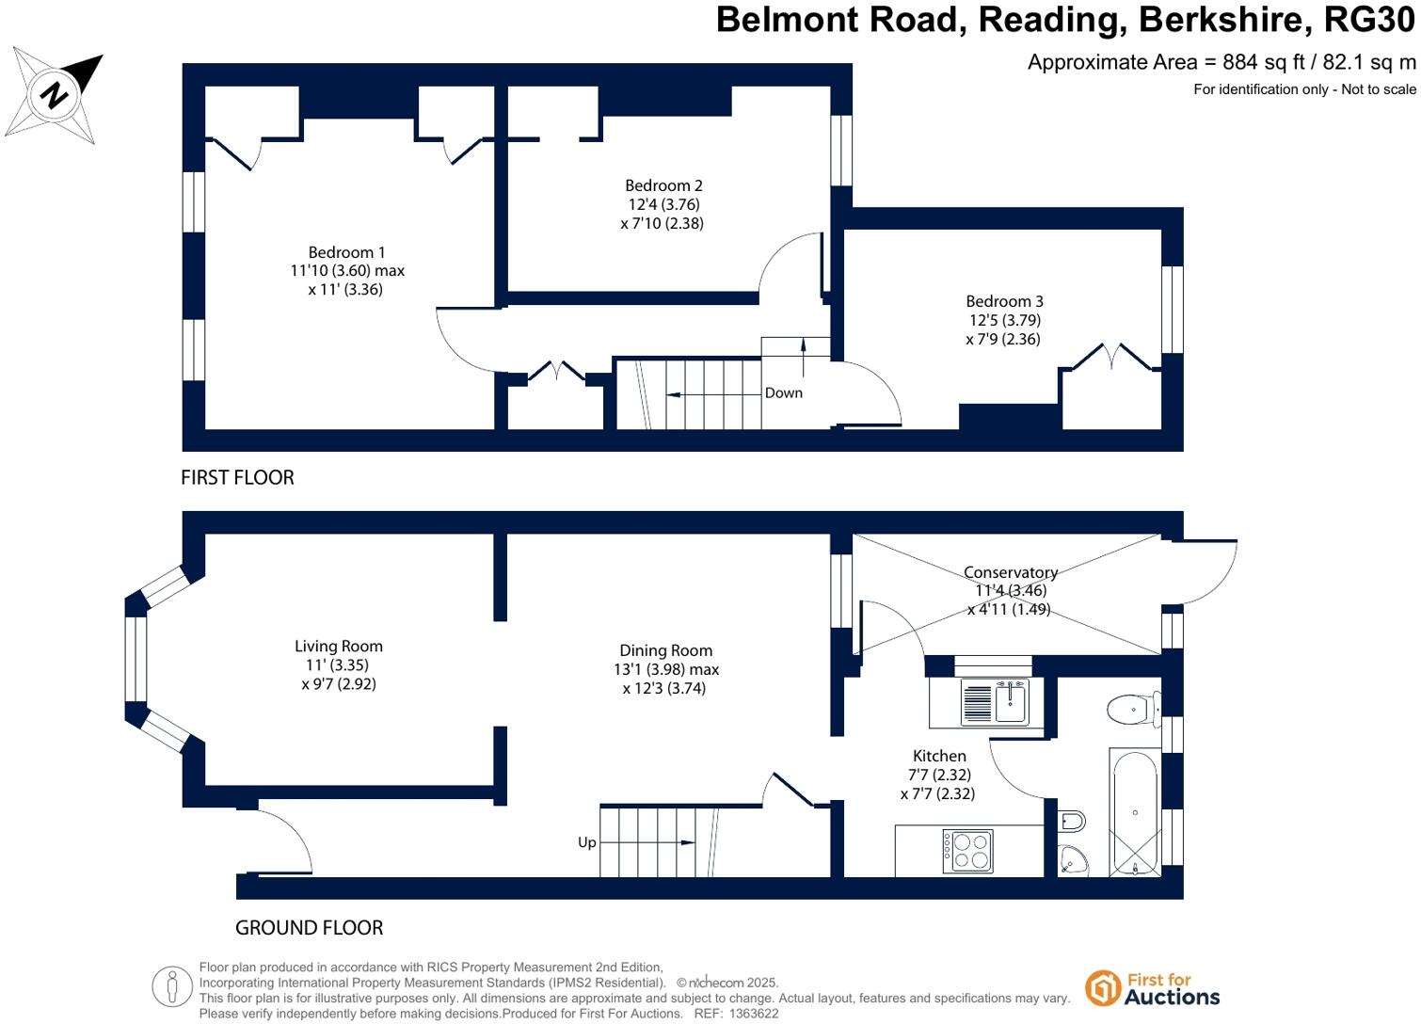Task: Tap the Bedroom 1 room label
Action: click(346, 252)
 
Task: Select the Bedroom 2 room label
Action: click(663, 185)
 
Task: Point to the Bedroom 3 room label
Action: click(1004, 301)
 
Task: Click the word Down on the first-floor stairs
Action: click(783, 392)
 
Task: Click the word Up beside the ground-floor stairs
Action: click(586, 842)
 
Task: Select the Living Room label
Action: click(338, 647)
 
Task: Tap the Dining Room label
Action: click(665, 650)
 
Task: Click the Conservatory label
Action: click(1010, 572)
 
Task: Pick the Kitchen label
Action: click(938, 756)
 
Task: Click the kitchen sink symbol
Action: click(995, 702)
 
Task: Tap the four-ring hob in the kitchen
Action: click(967, 851)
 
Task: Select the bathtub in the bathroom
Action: click(1134, 811)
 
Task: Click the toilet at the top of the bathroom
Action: click(1132, 709)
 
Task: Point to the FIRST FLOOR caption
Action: click(237, 478)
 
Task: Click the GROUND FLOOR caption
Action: click(309, 928)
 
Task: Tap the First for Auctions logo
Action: click(1152, 988)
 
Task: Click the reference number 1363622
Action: click(749, 1014)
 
